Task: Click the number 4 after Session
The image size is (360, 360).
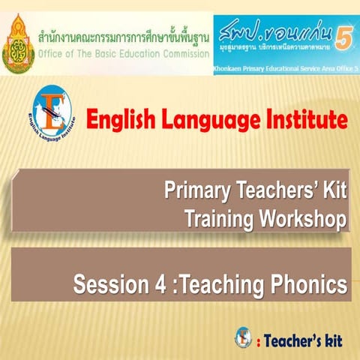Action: [156, 285]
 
